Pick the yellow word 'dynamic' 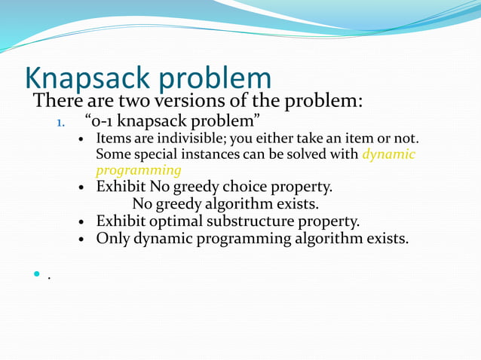pos(388,154)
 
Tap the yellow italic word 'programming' pos(138,170)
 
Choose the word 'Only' pos(113,239)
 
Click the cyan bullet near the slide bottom pos(35,276)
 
